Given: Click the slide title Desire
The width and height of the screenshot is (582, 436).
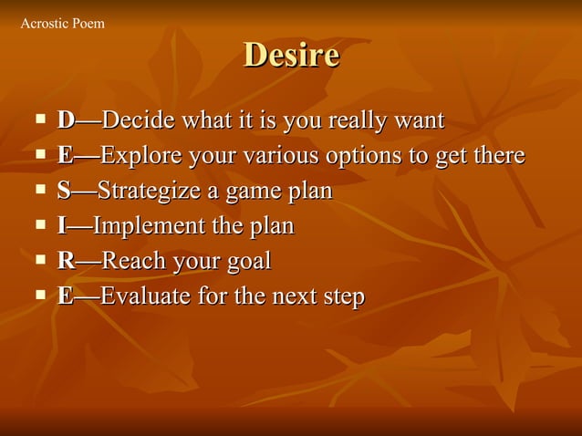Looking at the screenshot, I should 291,57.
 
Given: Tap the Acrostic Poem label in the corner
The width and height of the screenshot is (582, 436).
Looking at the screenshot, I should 62,23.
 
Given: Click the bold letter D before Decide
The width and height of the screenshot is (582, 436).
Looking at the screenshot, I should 66,120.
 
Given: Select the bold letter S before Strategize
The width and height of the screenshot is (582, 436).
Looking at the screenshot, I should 64,192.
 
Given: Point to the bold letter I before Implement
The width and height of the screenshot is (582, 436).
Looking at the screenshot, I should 61,226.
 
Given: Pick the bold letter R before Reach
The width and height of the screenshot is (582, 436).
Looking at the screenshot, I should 66,262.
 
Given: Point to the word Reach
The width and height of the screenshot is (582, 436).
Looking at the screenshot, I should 132,262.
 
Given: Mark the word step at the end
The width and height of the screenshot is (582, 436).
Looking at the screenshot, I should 341,296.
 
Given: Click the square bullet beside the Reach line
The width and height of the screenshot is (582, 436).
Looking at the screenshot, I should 40,261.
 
